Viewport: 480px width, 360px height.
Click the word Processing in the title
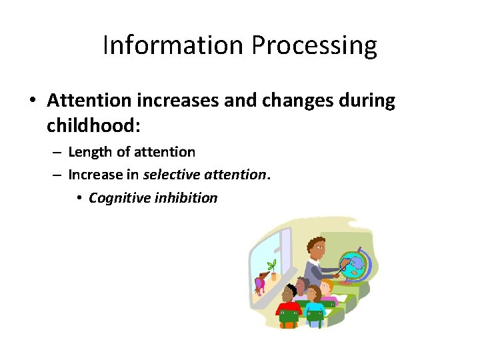[x=314, y=45]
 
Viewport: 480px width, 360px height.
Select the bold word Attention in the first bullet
[x=89, y=101]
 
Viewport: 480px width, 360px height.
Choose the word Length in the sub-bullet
[x=90, y=152]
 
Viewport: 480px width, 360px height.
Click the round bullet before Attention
[x=32, y=101]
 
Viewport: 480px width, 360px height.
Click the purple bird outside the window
[x=259, y=283]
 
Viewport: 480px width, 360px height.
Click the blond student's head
[x=325, y=286]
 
